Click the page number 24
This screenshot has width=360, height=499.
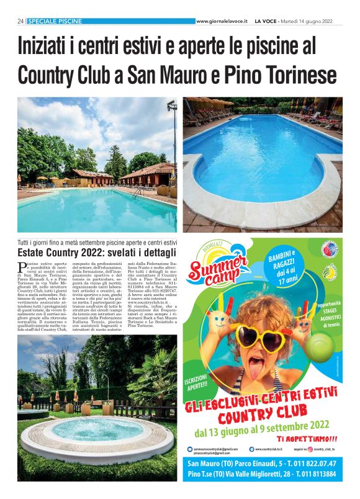tap(20, 21)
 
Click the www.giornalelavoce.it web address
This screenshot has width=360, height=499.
tap(222, 21)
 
